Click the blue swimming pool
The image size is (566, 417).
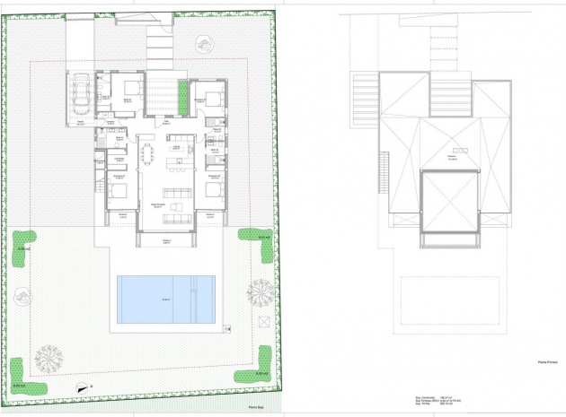coord(165,300)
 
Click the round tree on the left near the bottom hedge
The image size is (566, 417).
coord(49,357)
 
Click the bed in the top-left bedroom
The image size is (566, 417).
coord(131,88)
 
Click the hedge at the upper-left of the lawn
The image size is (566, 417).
coord(24,240)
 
